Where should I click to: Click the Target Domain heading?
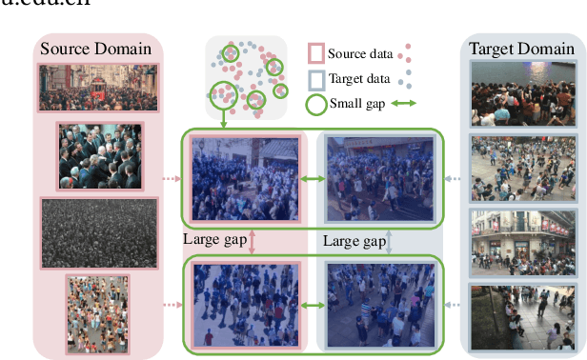pyautogui.click(x=521, y=49)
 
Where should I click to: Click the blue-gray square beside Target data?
pyautogui.click(x=314, y=78)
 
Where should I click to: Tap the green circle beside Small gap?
pyautogui.click(x=314, y=103)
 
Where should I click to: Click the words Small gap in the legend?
pyautogui.click(x=358, y=103)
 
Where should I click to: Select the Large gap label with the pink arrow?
pyautogui.click(x=213, y=238)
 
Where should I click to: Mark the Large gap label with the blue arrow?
pyautogui.click(x=354, y=241)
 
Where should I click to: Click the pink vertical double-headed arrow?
pyautogui.click(x=253, y=241)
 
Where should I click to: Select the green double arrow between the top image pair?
pyautogui.click(x=312, y=178)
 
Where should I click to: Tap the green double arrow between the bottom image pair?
pyautogui.click(x=312, y=307)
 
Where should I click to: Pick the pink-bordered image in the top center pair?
pyautogui.click(x=245, y=178)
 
